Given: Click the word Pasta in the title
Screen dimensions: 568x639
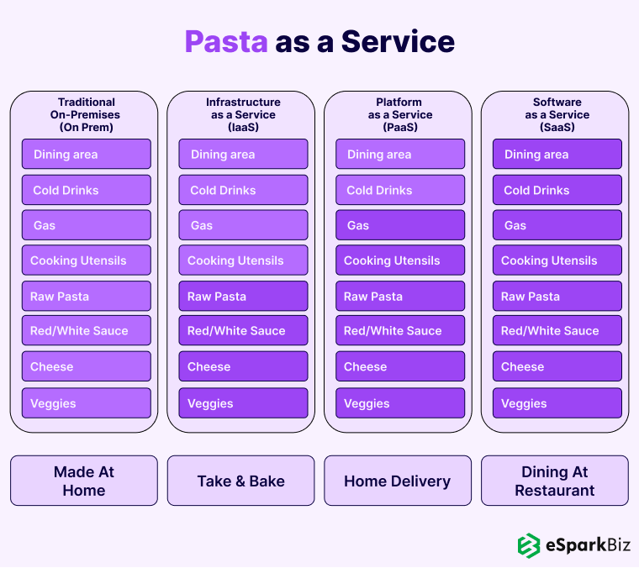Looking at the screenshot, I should [x=225, y=41].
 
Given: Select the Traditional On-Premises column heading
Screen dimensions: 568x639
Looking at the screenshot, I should [x=86, y=114].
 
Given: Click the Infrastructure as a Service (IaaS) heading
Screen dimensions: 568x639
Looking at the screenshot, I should [x=243, y=114].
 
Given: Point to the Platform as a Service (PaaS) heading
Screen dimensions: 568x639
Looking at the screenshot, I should [x=399, y=114].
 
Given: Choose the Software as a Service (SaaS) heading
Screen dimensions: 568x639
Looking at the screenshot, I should [x=557, y=114].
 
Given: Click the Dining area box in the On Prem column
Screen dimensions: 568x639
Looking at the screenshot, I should [x=86, y=155].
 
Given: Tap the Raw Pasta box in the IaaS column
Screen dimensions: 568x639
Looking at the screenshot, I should [x=243, y=297].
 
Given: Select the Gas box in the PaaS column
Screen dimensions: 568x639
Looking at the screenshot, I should [x=399, y=225].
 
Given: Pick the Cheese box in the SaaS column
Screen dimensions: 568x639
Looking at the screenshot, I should [x=557, y=367].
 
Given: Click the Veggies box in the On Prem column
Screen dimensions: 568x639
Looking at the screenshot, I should [x=86, y=403].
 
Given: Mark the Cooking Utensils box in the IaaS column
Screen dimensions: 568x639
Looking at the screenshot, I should [x=243, y=260].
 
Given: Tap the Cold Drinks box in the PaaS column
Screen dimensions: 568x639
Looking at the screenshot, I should [x=399, y=190].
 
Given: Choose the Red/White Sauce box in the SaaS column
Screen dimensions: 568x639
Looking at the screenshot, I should [x=557, y=331].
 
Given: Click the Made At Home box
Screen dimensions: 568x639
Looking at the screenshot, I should [x=84, y=481].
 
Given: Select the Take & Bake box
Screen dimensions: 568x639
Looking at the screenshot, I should [x=241, y=481].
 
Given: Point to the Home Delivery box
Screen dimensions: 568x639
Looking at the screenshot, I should [x=398, y=481].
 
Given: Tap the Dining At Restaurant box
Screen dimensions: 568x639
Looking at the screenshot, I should [x=555, y=481].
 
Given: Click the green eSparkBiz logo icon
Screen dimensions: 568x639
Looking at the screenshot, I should [x=528, y=545].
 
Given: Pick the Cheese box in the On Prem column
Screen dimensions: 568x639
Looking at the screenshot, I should [x=86, y=367].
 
